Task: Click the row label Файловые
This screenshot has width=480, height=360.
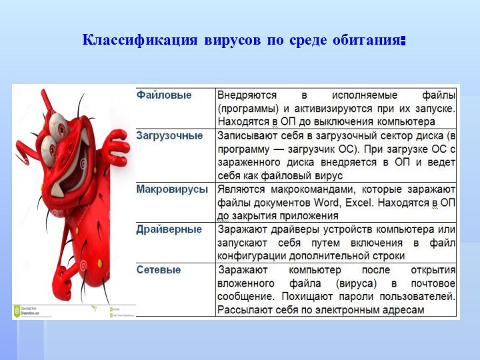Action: pyautogui.click(x=164, y=95)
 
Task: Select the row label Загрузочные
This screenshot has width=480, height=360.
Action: pyautogui.click(x=169, y=136)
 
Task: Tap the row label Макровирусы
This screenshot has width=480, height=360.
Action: pyautogui.click(x=172, y=189)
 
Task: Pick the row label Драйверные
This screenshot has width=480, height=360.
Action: pyautogui.click(x=169, y=229)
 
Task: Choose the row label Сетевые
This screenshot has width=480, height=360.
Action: pyautogui.click(x=159, y=270)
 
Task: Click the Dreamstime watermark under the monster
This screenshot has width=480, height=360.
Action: pyautogui.click(x=30, y=311)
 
